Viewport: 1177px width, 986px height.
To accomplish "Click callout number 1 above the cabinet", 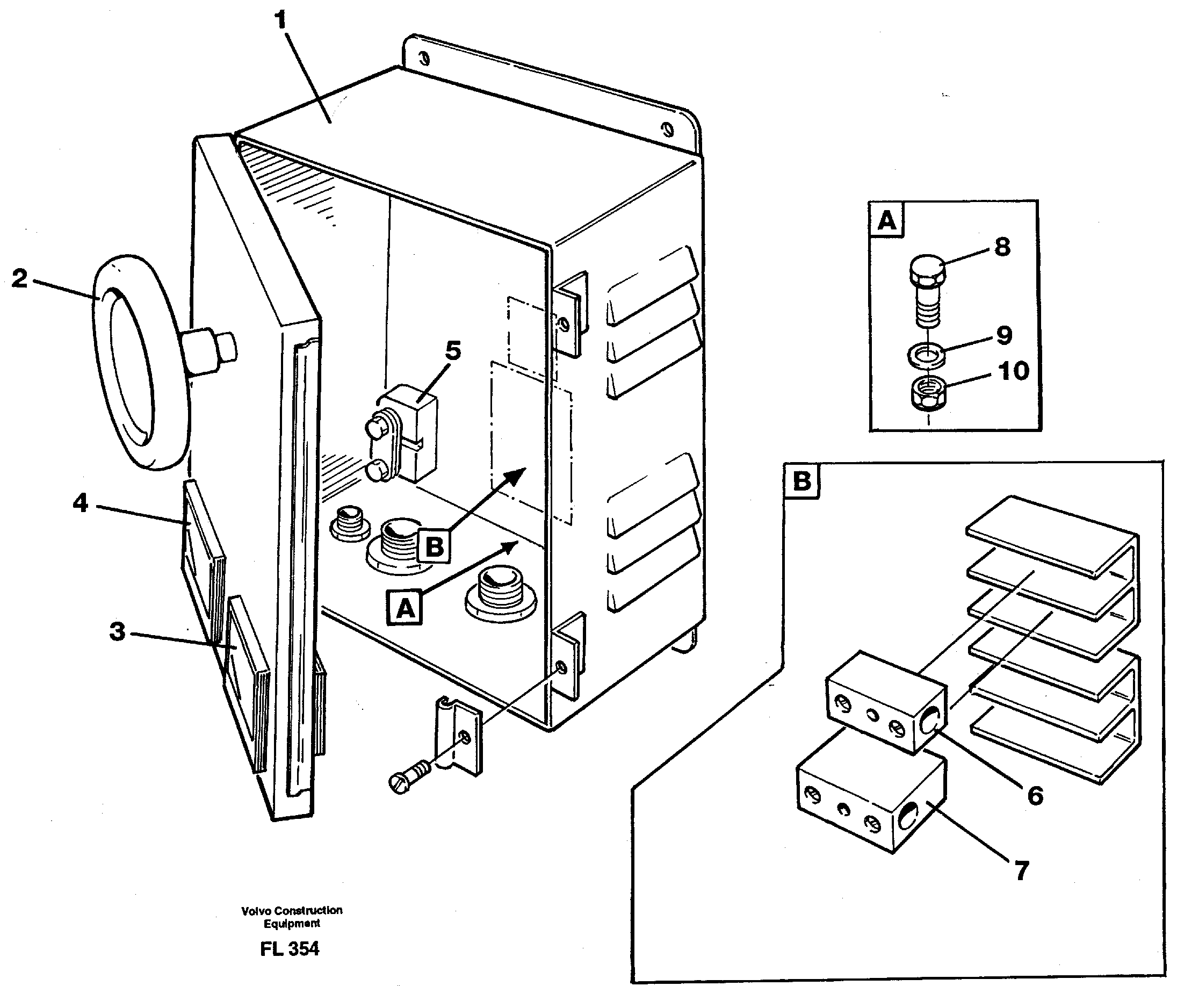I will pyautogui.click(x=281, y=21).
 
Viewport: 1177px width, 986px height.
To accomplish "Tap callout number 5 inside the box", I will pyautogui.click(x=453, y=351).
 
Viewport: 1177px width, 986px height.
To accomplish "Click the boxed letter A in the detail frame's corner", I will pyautogui.click(x=887, y=220).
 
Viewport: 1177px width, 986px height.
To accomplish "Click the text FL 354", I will pyautogui.click(x=290, y=948).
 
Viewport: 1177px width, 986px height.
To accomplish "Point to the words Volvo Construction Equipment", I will pyautogui.click(x=292, y=917).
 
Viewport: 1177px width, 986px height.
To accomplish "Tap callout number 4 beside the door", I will pyautogui.click(x=81, y=503).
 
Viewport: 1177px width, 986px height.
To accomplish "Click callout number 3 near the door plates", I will pyautogui.click(x=117, y=632).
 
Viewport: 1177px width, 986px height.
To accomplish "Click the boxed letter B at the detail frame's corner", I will pyautogui.click(x=802, y=481).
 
